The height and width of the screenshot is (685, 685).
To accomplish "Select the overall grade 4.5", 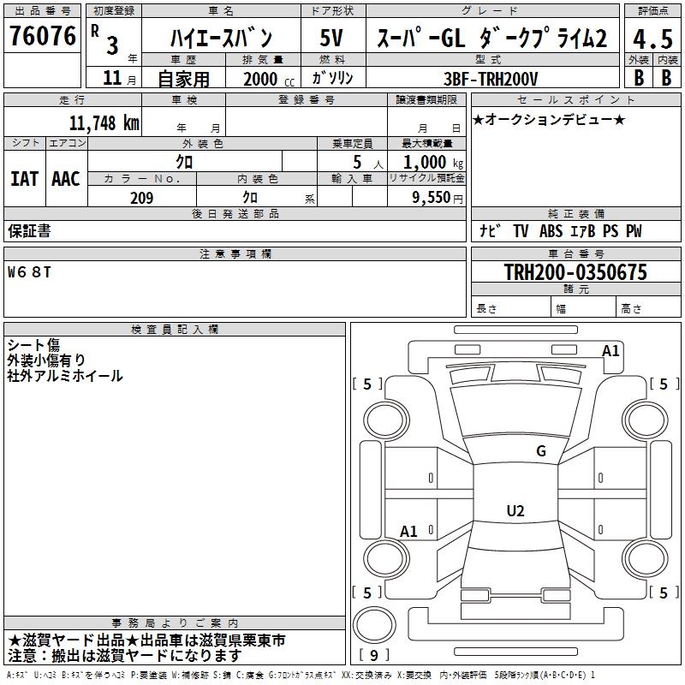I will pos(651,39).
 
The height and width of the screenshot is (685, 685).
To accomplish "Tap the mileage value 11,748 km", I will pos(104,122).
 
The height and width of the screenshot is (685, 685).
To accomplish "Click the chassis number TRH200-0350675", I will pos(575,273).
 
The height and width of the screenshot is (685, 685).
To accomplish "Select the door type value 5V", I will pos(333,38).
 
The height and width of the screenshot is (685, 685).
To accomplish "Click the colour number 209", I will pos(141,198).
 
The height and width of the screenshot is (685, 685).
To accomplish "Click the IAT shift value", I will pos(24,178).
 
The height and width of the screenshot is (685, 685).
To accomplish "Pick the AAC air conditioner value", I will pos(66,178).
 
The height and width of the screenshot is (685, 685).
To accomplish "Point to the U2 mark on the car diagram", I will pos(515,511).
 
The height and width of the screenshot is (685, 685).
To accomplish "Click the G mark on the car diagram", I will pos(540,451).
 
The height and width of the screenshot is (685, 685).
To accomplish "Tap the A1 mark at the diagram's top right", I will pos(611,350).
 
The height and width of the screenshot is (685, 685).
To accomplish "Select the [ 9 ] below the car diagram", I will pos(373,656).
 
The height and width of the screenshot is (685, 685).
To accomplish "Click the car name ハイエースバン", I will pos(221,38).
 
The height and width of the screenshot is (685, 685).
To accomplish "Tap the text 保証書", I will pos(29,231).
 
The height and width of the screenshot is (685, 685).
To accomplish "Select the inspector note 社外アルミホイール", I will pos(65,376).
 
